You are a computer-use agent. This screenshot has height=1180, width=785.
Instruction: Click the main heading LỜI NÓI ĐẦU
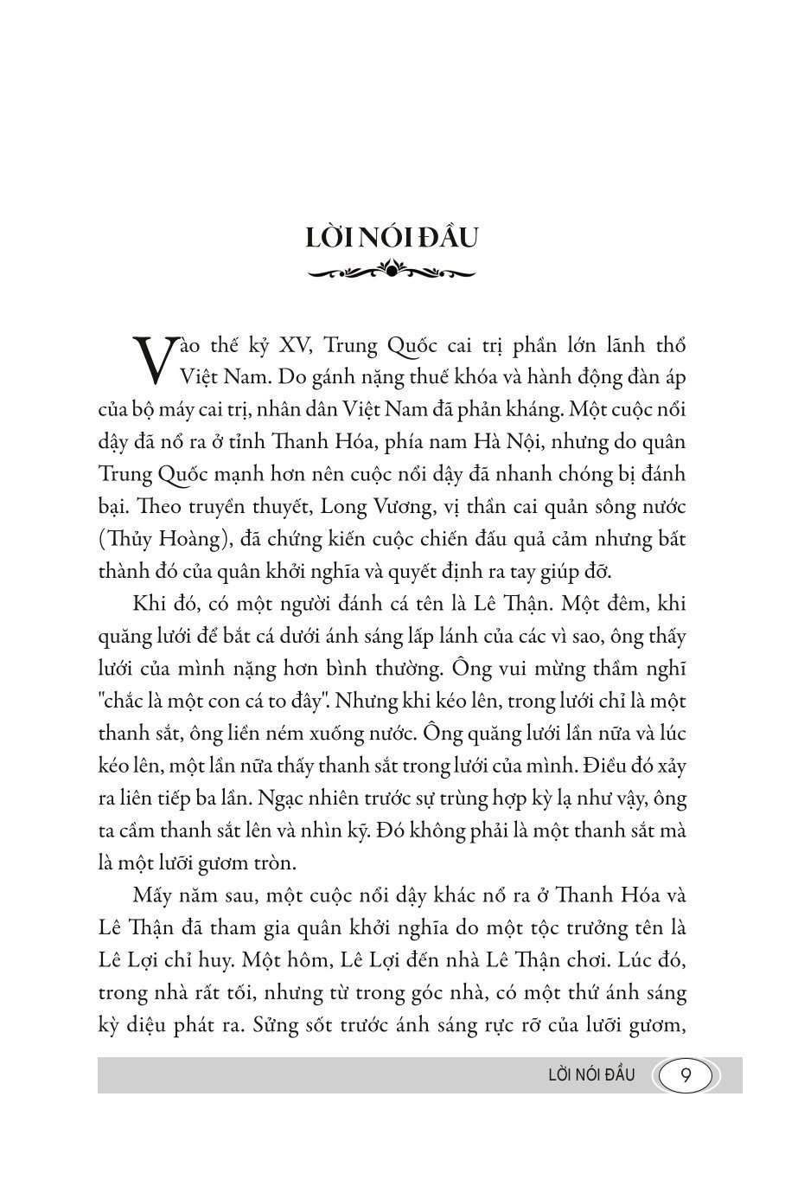(x=392, y=238)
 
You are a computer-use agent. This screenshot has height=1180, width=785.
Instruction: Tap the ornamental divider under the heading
(x=392, y=273)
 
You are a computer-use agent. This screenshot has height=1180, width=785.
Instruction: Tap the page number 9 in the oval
(x=685, y=1075)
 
